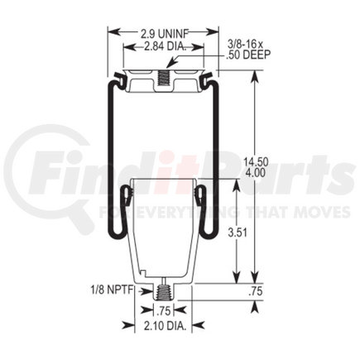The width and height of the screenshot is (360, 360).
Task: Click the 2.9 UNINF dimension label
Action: click(x=155, y=32)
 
